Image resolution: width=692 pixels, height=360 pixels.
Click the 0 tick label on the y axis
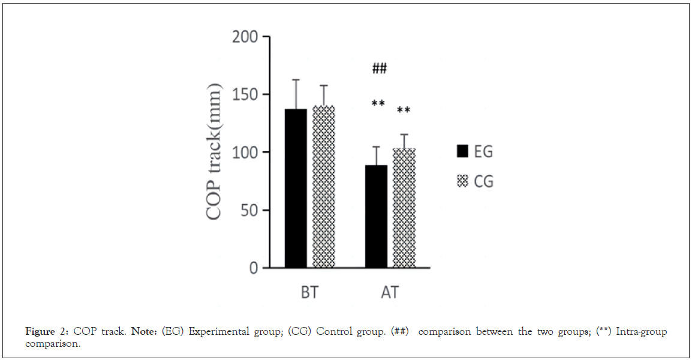[254, 268]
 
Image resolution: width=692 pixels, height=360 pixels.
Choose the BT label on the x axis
[309, 293]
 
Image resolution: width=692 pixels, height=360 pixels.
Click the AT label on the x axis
[390, 293]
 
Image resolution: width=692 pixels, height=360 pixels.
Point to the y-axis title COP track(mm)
[214, 152]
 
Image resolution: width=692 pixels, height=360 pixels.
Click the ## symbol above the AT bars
[379, 68]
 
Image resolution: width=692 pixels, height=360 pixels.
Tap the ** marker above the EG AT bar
[378, 104]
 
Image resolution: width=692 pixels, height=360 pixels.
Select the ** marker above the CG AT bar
[404, 111]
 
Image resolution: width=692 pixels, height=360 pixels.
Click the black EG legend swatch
[462, 151]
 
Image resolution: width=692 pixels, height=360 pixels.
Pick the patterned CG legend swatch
[462, 181]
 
